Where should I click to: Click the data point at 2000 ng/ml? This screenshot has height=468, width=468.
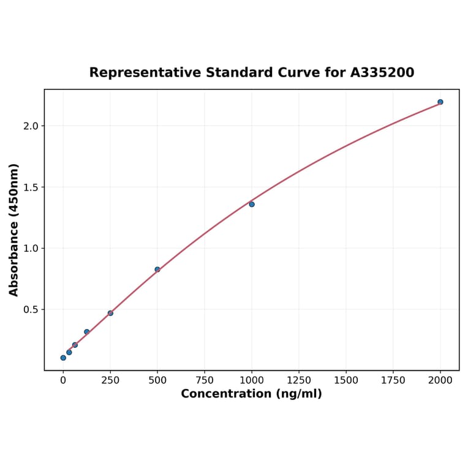pos(440,102)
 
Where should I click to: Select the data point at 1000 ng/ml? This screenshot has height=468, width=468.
pos(252,204)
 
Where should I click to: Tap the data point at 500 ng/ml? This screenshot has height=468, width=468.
pos(157,270)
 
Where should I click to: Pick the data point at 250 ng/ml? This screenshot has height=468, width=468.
pos(110,313)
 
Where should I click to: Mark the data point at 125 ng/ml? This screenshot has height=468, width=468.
pos(86,332)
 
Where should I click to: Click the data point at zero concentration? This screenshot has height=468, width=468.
pos(63,358)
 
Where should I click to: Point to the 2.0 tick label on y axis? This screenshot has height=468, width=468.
pos(30,126)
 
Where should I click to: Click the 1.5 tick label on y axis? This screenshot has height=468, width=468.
pos(30,187)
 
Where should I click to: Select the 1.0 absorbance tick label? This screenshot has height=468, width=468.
pos(30,249)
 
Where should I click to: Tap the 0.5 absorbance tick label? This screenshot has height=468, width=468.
pos(30,310)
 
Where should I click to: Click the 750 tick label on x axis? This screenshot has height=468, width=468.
pos(205,380)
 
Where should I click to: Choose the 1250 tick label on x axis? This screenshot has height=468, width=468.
pos(299,380)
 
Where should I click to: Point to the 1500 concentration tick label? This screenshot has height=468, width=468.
pos(346,380)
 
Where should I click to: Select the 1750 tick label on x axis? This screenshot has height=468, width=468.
pos(393,380)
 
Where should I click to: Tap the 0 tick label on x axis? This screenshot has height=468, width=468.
pos(63,380)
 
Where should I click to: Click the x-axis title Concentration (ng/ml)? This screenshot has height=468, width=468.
pos(251,394)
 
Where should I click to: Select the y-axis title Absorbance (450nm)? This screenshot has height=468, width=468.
pos(14,230)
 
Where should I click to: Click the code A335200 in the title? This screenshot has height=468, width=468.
pos(382,73)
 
